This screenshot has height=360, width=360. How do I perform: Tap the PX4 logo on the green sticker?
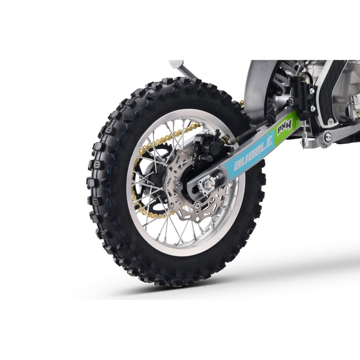pos(284,127)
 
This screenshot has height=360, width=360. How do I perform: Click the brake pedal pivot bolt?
pos(328,137)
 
